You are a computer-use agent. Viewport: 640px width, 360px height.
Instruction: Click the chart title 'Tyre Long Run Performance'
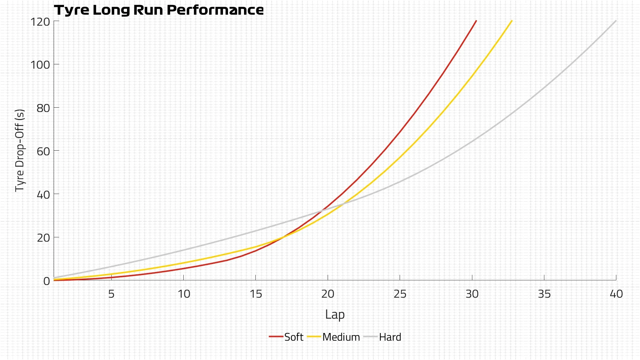[x=159, y=10]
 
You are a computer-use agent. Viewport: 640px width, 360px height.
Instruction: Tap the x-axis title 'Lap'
[x=335, y=314]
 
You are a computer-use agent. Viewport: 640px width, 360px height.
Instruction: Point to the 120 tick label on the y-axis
[x=40, y=22]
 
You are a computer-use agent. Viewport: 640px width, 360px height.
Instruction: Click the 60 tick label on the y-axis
[x=43, y=151]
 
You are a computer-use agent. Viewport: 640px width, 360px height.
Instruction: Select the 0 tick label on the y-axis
[x=47, y=281]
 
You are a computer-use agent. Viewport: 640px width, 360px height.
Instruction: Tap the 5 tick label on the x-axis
[x=111, y=294]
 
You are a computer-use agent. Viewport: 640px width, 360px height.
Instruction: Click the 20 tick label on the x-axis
[x=328, y=294]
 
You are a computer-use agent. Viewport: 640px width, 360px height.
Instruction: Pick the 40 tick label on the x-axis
[x=616, y=294]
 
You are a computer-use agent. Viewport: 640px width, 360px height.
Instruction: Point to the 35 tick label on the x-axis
[x=544, y=294]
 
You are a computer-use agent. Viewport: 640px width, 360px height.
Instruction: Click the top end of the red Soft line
[x=476, y=21]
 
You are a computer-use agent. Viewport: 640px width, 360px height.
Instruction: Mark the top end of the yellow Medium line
[x=512, y=21]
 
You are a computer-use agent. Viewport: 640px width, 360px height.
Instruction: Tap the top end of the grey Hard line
[x=616, y=21]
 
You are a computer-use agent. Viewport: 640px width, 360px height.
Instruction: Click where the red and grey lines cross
[x=322, y=211]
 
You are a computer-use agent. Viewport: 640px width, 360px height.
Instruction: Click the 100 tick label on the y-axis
[x=40, y=65]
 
